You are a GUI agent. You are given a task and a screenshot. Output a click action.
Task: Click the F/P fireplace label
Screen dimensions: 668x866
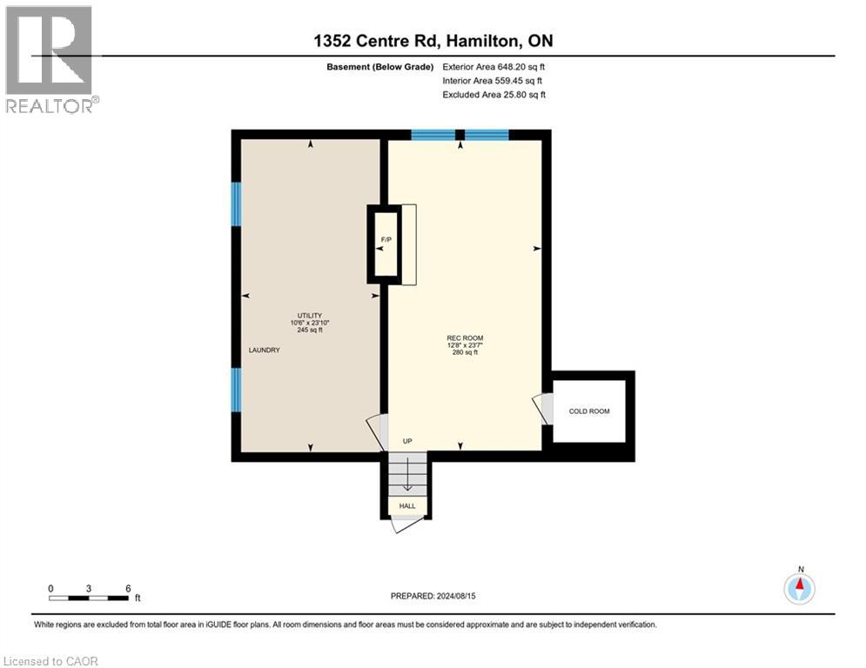384,239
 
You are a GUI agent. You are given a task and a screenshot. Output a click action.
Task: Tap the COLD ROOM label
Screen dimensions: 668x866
588,411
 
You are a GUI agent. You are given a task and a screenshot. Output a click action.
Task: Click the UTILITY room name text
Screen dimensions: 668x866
309,315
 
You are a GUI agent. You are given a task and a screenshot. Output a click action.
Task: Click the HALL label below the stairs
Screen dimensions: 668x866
407,505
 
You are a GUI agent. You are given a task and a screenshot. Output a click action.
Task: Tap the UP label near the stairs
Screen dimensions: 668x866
406,441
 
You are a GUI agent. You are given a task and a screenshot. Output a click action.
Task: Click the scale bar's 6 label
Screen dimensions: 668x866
128,588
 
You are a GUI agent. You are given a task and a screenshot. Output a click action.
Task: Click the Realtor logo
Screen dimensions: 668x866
49,59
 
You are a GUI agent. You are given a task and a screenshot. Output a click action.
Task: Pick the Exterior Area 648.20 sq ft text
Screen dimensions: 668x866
494,66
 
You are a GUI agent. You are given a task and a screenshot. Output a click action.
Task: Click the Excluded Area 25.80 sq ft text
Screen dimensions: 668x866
494,94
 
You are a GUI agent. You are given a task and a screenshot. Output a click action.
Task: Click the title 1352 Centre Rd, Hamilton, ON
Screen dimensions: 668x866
433,41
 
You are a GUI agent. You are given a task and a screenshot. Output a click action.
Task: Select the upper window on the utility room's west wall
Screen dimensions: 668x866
235,204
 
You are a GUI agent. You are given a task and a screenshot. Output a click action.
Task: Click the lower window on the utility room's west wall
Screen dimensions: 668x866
235,389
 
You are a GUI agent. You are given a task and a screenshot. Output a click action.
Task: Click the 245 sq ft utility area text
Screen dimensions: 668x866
309,331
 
